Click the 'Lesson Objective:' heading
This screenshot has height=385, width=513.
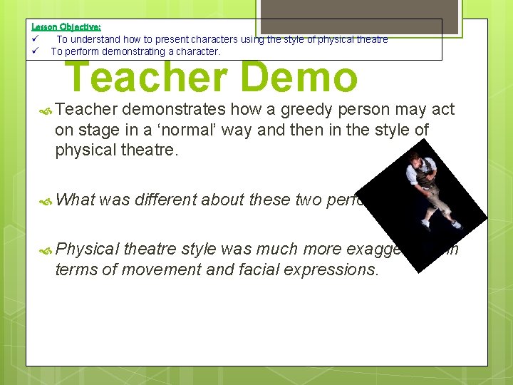(66, 26)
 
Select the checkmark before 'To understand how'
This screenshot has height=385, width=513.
(36, 39)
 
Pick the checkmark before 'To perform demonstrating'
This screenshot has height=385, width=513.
(36, 51)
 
